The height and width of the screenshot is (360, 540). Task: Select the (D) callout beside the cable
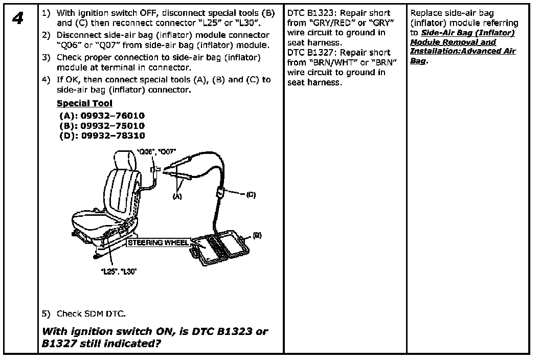(251, 194)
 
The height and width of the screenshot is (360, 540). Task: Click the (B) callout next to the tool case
(257, 235)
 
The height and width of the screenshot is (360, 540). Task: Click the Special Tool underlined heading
(84, 103)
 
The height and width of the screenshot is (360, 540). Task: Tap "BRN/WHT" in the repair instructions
(331, 62)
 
